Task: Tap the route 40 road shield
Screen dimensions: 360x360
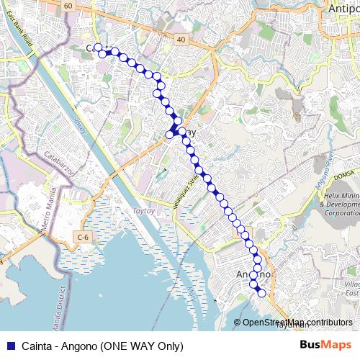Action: (x=180, y=40)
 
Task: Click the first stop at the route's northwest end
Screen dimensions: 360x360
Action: (x=98, y=48)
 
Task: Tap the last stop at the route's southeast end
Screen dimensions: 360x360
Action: (x=261, y=293)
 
